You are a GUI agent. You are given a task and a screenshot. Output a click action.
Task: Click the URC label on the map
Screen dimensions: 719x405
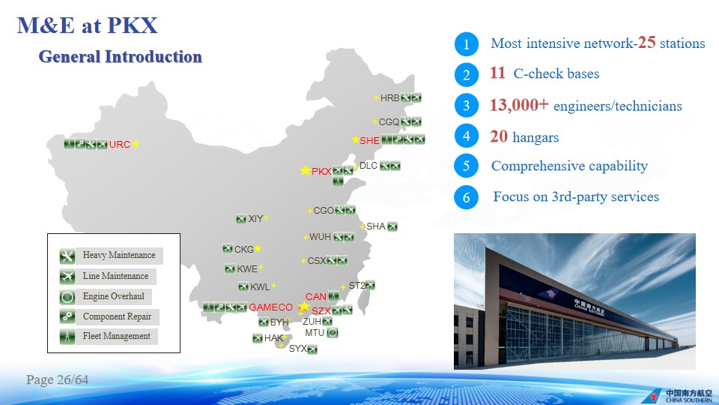[120, 144]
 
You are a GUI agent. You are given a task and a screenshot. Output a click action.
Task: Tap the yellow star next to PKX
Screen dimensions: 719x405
[305, 170]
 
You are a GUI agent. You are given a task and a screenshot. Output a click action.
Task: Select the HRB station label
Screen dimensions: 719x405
[389, 97]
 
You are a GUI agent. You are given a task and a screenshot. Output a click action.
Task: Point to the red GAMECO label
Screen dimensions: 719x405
[270, 307]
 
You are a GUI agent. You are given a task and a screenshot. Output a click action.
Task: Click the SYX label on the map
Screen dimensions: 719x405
[297, 349]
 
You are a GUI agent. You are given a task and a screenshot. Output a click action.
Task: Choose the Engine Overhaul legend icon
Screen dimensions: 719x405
[67, 297]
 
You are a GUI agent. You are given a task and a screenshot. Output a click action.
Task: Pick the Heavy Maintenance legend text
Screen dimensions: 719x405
[119, 255]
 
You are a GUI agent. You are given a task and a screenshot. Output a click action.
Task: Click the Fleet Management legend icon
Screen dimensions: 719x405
[67, 337]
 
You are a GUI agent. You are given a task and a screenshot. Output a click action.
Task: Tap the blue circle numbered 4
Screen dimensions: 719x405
[467, 136]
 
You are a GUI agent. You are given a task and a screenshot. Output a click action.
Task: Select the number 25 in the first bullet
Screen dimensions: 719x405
[646, 42]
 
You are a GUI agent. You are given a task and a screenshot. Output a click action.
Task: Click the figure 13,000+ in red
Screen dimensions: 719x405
[519, 105]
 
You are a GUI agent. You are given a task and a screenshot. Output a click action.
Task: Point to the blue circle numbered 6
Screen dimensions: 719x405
[467, 197]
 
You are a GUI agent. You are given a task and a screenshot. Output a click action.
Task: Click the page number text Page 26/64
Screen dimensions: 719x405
[58, 379]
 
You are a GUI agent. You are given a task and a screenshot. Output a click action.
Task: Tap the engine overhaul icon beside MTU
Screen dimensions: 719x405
[333, 332]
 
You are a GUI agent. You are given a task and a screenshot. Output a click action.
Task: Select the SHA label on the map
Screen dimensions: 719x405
[375, 226]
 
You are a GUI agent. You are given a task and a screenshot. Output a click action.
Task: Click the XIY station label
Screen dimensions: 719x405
[255, 218]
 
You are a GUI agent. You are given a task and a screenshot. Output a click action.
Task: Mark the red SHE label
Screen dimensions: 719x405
[369, 140]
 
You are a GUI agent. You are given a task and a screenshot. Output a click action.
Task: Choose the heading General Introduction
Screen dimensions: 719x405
[120, 56]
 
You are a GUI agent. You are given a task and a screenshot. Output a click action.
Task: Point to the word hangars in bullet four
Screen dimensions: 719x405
[536, 137]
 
